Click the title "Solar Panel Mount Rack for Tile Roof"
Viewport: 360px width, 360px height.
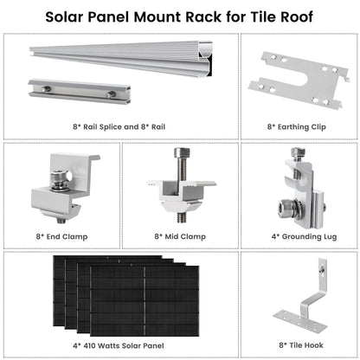[180, 16]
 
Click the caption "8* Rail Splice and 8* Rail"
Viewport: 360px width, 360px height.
[120, 125]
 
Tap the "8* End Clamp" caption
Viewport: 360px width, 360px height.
[59, 235]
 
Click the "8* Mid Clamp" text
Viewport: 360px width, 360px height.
[179, 235]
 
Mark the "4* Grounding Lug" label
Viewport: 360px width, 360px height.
[299, 235]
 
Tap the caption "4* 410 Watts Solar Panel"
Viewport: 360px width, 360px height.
[120, 343]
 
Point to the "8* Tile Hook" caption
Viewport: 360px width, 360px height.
[299, 343]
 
